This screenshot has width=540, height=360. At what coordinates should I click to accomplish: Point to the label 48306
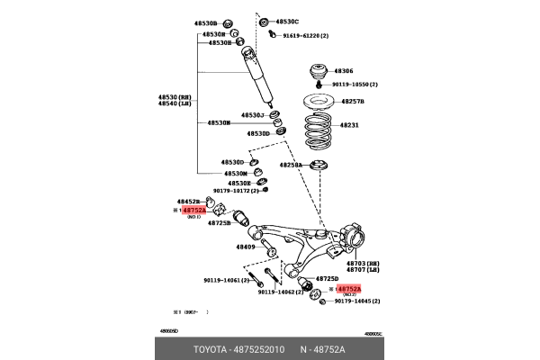pos(345,70)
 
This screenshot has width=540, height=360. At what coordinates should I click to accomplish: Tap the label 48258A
pos(290,166)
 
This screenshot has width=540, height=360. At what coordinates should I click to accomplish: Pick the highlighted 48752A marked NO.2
pos(348,289)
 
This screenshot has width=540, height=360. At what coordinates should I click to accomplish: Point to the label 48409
pos(247,246)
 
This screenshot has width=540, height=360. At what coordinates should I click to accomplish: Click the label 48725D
pos(327,279)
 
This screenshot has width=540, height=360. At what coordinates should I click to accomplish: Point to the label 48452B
pos(188,202)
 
